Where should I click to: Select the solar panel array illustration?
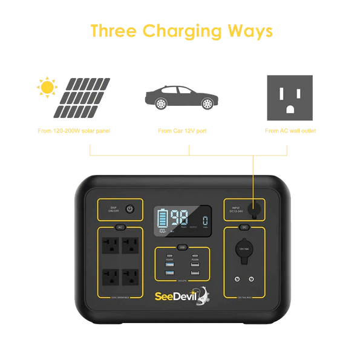pos(85,98)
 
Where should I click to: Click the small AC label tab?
pos(119,227)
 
